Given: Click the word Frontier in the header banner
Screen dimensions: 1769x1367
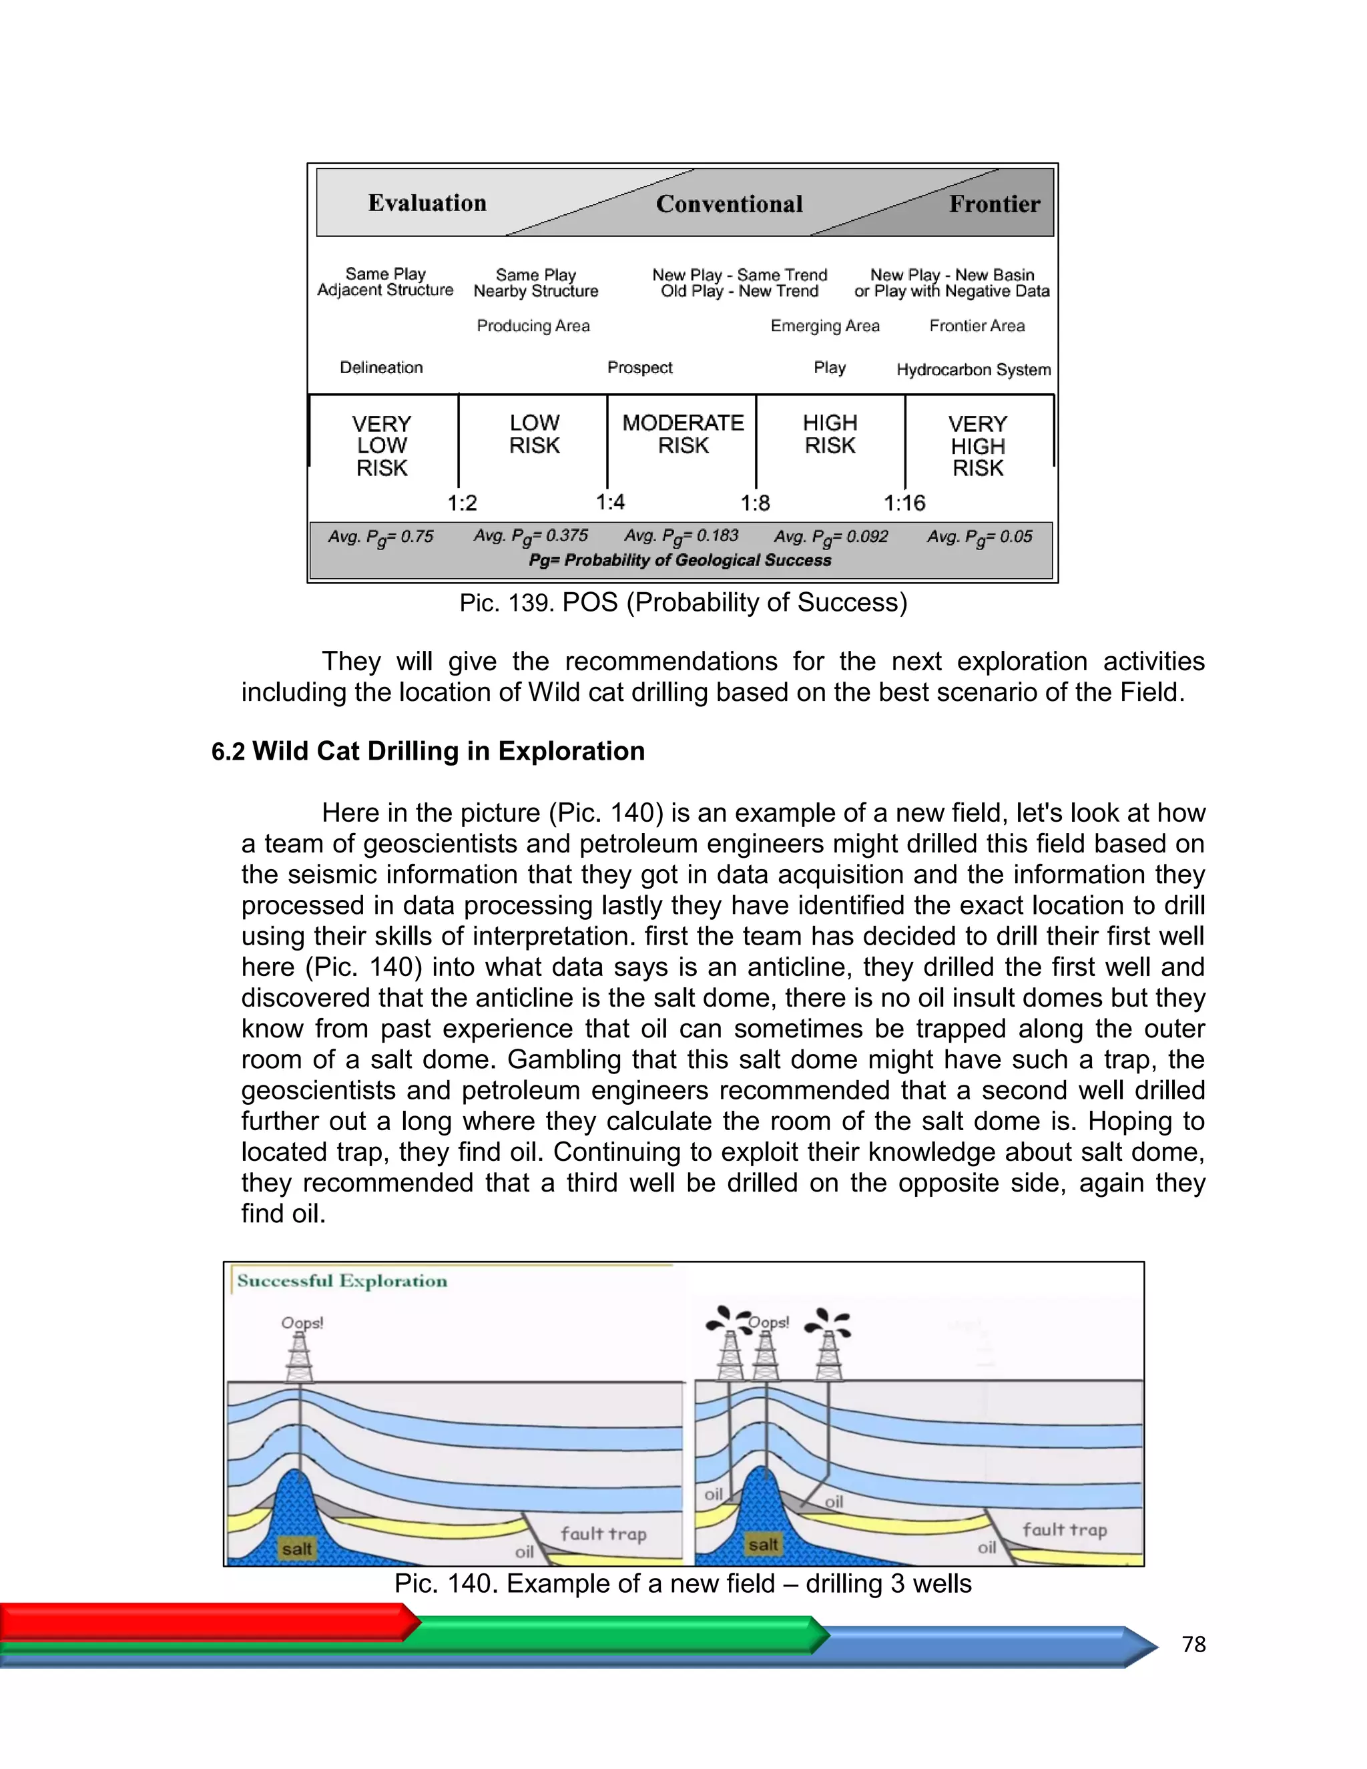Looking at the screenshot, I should tap(994, 204).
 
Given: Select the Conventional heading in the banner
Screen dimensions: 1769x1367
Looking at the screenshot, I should tap(729, 204).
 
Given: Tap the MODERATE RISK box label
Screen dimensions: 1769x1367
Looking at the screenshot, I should tap(683, 434).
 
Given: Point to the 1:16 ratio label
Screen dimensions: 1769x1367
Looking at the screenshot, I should tap(904, 503).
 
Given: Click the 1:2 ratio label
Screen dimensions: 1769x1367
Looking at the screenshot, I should tap(463, 503).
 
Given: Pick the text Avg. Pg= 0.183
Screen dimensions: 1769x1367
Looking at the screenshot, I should tap(680, 536).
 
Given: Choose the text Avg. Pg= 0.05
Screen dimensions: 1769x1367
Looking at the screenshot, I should tap(979, 536).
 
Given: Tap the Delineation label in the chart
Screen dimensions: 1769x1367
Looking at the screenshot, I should tap(380, 368).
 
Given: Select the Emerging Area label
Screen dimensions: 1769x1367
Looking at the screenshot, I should tap(824, 326).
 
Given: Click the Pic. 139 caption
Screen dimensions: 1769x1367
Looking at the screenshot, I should tap(683, 603).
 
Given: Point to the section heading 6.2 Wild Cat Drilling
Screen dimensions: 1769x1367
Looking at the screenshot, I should tap(428, 751).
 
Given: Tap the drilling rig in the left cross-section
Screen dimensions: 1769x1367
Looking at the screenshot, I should tap(300, 1358).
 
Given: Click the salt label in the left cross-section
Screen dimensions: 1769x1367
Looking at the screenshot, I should tap(296, 1549).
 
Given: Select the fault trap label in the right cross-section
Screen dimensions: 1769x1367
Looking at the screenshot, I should tap(1063, 1529).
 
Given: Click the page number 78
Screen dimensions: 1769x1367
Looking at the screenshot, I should tap(1193, 1644).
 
